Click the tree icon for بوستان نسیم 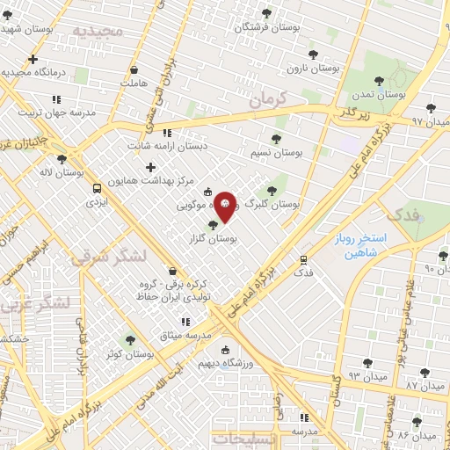[x=276, y=139]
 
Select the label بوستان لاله [x=61, y=172]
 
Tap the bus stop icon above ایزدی [x=97, y=187]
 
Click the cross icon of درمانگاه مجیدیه [x=33, y=60]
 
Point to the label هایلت [x=134, y=83]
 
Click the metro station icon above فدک [x=303, y=260]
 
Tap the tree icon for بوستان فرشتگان [x=266, y=13]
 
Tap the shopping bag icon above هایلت [x=134, y=69]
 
